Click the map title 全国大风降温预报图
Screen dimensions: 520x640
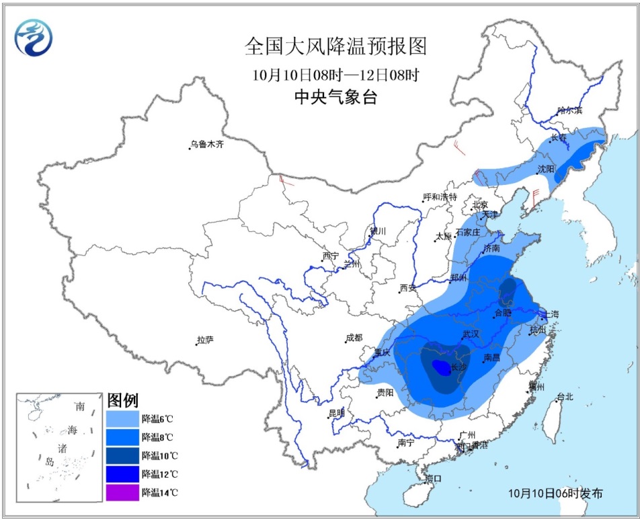click(x=335, y=46)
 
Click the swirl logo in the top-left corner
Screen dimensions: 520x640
click(x=34, y=38)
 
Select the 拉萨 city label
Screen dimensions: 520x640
click(x=205, y=340)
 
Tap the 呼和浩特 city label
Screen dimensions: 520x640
click(x=440, y=197)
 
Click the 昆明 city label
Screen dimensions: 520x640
click(x=336, y=412)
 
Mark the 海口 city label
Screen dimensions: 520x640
click(x=434, y=478)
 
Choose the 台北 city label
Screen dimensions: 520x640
click(x=565, y=397)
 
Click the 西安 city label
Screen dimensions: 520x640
click(x=408, y=288)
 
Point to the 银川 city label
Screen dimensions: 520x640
click(x=378, y=231)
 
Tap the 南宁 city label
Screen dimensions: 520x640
click(x=406, y=443)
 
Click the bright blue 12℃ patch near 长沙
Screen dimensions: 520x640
click(x=440, y=367)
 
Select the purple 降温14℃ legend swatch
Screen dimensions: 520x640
click(x=122, y=492)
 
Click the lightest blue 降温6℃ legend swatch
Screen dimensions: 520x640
click(x=122, y=418)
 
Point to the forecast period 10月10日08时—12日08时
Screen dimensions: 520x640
click(x=335, y=74)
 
